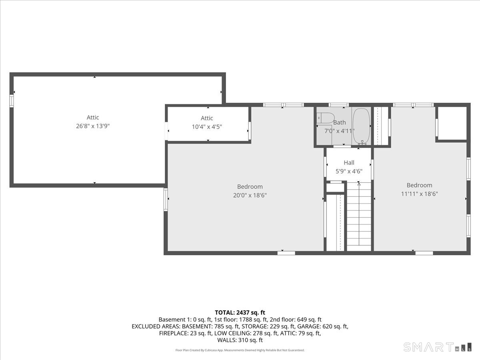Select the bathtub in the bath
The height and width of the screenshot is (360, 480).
[x=362, y=126]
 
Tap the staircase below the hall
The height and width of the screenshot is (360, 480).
[x=359, y=216]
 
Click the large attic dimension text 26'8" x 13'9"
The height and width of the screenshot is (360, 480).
[x=93, y=126]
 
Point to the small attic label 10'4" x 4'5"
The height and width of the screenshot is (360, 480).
[x=207, y=127]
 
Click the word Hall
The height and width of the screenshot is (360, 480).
[x=349, y=163]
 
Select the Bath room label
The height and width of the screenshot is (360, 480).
[x=339, y=122]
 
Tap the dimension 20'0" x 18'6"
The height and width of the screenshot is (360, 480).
[x=250, y=195]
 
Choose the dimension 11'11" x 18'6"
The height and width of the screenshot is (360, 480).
[x=419, y=194]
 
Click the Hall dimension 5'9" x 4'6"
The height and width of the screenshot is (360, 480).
[x=349, y=172]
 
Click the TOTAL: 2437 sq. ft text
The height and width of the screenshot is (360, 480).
[x=240, y=312]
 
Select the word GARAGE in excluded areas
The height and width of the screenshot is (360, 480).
[x=308, y=326]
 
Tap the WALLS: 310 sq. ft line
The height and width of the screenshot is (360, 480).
[x=240, y=340]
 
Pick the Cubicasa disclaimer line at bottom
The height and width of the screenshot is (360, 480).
[x=240, y=350]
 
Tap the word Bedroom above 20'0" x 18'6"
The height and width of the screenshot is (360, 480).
[x=250, y=186]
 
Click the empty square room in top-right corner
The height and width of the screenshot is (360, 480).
[x=452, y=123]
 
